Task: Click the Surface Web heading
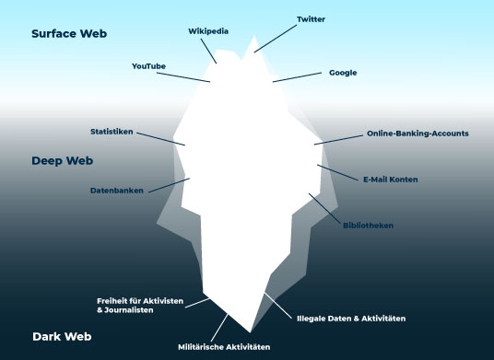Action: pos(69,33)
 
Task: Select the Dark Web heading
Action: pos(61,336)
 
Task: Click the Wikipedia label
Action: pos(208,30)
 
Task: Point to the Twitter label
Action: pos(312,18)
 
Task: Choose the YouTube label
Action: pos(148,66)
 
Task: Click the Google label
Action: pos(343,72)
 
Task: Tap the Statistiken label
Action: pos(112,131)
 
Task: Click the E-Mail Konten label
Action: pos(391,179)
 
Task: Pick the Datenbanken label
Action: pos(117,192)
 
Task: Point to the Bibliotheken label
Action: pos(369,225)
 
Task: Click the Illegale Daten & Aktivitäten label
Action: pos(351,318)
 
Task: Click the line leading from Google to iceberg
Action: pos(297,76)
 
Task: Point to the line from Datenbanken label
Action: pos(169,185)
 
